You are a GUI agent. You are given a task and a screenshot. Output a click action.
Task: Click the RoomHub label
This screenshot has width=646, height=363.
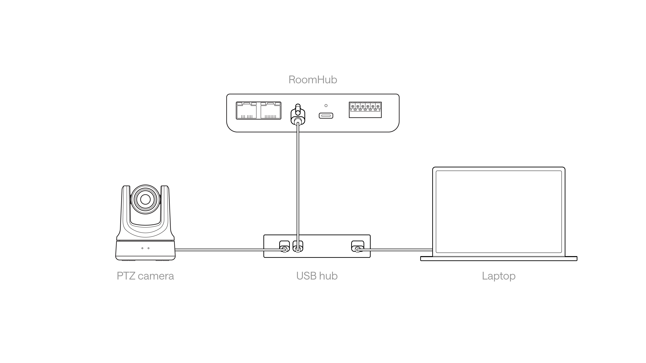pyautogui.click(x=313, y=80)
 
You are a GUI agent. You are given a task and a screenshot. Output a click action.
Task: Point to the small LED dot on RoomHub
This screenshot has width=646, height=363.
pyautogui.click(x=326, y=105)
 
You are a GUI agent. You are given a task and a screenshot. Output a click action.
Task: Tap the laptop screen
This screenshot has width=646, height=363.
pyautogui.click(x=499, y=212)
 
